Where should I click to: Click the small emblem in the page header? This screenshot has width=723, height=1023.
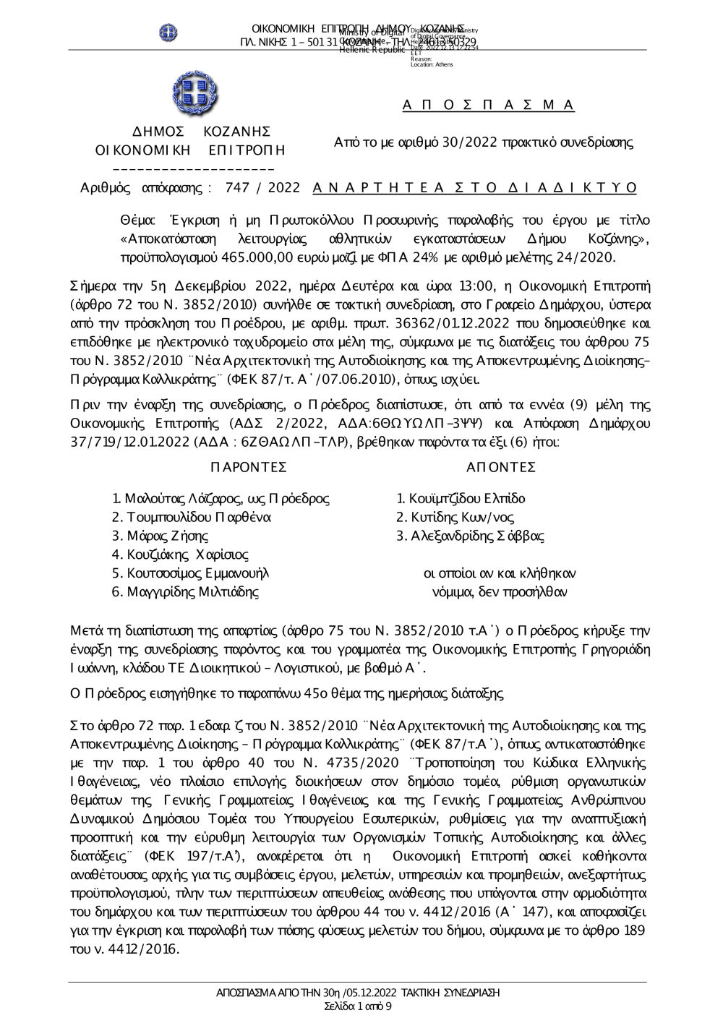click(x=168, y=32)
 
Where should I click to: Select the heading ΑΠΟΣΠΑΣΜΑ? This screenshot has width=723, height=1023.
click(x=488, y=106)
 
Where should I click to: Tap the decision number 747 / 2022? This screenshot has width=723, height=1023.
click(x=262, y=188)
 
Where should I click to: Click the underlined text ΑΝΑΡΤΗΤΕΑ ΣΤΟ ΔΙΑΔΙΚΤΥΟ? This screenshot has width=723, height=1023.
click(x=475, y=188)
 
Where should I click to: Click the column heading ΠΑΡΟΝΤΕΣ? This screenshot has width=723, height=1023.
click(x=249, y=467)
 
